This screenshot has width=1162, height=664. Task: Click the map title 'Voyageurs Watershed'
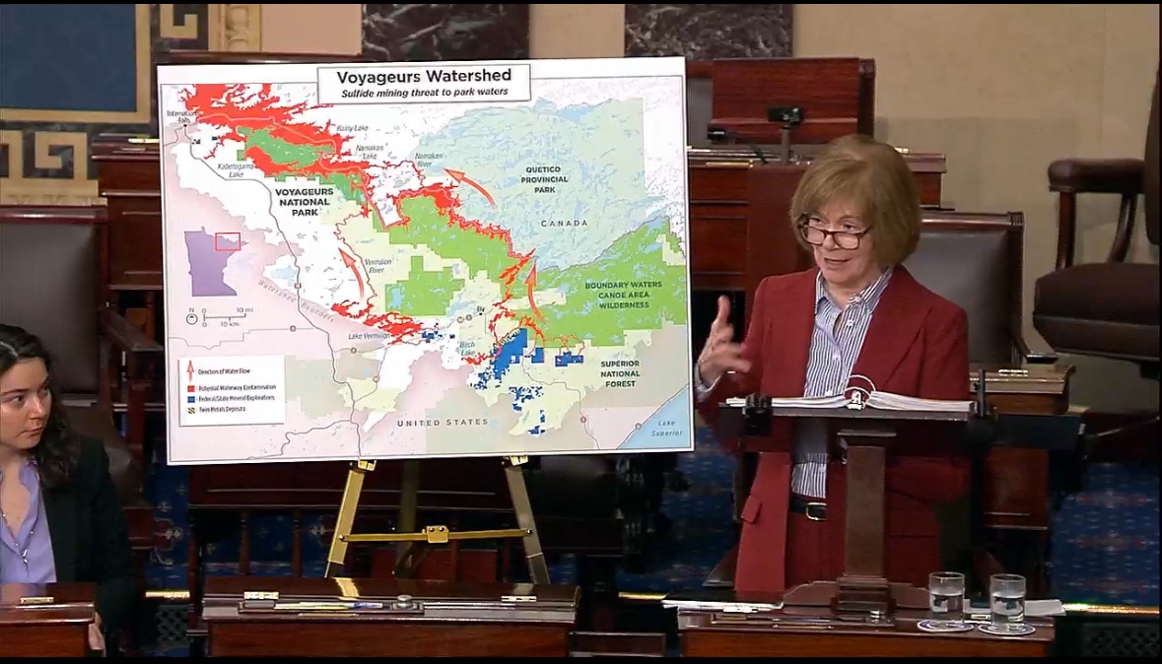tap(423, 77)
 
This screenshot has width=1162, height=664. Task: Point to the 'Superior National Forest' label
tap(620, 372)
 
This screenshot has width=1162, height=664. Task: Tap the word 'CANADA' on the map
tap(565, 224)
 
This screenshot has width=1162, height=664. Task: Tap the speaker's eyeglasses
tap(834, 235)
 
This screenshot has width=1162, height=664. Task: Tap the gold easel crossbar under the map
tap(437, 534)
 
